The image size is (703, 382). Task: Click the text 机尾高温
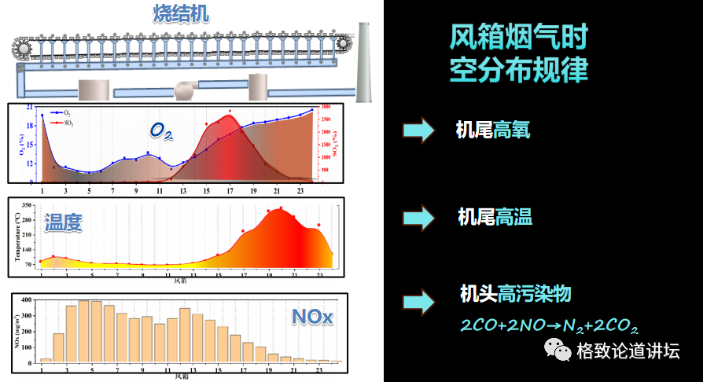[495, 216]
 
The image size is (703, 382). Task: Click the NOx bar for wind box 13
[186, 335]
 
